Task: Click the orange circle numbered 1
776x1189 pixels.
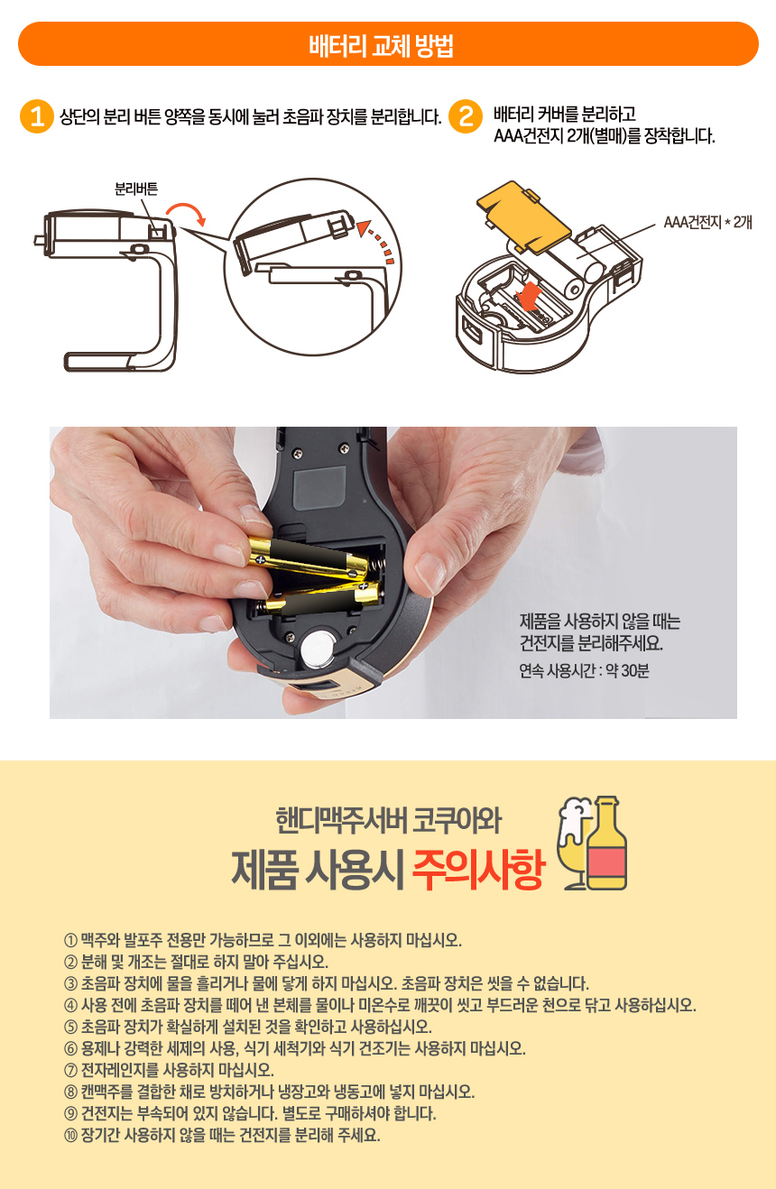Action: tap(37, 116)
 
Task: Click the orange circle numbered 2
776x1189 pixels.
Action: tap(466, 116)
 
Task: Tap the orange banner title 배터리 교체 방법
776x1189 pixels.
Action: tap(381, 46)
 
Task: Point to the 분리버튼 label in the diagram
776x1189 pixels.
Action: tap(136, 189)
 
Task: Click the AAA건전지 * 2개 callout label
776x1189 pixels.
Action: tap(707, 222)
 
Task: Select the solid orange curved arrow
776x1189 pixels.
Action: tap(187, 211)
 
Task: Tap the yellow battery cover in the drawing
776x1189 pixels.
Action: tap(522, 217)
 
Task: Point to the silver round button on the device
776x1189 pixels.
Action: tap(319, 648)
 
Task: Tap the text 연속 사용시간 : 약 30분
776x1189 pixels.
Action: tap(584, 671)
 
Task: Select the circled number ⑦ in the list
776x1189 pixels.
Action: tap(71, 1070)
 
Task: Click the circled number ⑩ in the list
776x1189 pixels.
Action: tap(71, 1136)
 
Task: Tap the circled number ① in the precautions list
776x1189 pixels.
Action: tap(71, 941)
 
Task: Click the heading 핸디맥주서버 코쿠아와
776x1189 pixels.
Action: tap(389, 821)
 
